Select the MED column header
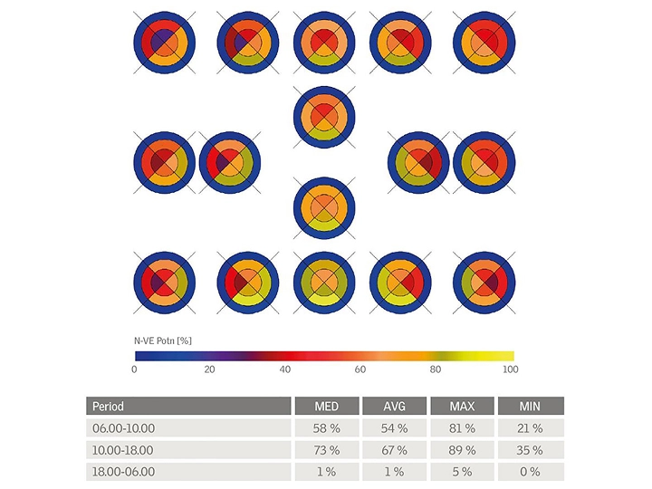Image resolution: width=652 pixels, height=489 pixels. (326, 407)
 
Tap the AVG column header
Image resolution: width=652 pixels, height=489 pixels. (394, 407)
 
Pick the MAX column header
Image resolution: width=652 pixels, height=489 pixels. (462, 407)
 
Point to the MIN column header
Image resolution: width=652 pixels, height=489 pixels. (530, 407)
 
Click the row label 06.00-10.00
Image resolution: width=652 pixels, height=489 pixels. (124, 428)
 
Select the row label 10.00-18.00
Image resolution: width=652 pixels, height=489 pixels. (124, 450)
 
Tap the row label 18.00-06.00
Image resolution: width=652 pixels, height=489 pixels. (124, 472)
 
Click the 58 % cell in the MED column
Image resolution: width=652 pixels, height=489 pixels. (326, 428)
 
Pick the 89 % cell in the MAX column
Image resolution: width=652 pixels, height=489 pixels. (462, 450)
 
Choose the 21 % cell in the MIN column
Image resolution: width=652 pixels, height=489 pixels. (530, 428)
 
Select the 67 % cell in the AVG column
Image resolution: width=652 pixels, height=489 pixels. (394, 450)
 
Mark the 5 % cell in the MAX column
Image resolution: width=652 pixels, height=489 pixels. (462, 472)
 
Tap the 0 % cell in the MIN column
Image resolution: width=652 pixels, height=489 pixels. (530, 472)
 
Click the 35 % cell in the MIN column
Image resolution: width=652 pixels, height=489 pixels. (530, 450)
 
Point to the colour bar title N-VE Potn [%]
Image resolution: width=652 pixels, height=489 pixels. (163, 340)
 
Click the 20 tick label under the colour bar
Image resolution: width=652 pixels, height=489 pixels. (210, 369)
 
